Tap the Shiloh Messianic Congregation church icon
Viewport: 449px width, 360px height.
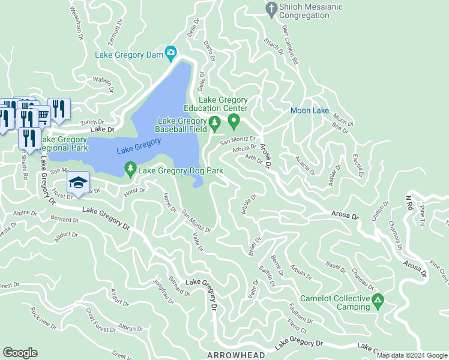point(271,8)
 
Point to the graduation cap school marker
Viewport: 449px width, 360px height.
point(78,182)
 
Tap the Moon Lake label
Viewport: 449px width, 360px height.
point(310,111)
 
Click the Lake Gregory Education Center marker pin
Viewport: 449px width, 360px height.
point(234,122)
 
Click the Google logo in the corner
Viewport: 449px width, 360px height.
point(20,353)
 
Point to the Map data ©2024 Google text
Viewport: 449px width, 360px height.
point(412,355)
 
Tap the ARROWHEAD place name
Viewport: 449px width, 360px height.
point(236,355)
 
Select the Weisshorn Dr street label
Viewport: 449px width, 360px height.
point(77,23)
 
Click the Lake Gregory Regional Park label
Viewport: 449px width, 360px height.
point(64,143)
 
